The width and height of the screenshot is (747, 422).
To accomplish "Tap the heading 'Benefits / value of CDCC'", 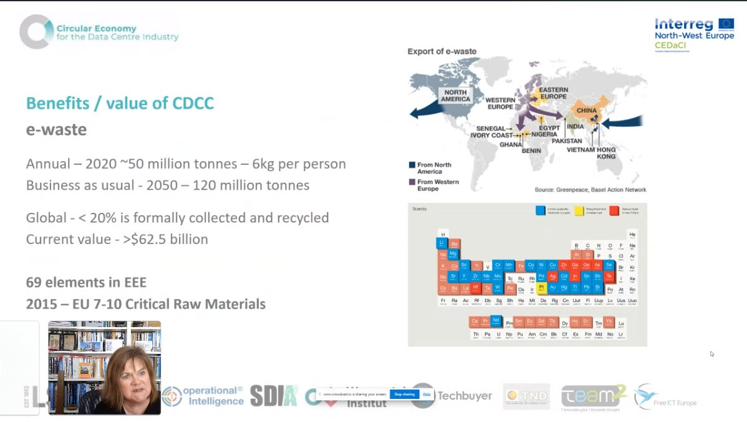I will tap(120, 103).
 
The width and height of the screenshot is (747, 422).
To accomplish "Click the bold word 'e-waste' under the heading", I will tap(56, 130).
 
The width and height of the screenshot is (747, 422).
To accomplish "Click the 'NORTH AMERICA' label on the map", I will tap(455, 96).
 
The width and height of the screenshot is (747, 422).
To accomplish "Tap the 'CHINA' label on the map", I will tap(586, 110).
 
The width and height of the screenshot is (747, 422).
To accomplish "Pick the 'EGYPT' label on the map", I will tap(549, 128).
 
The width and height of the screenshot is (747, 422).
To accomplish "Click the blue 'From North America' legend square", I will tap(412, 165).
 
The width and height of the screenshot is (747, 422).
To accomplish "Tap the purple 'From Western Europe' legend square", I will tap(412, 182).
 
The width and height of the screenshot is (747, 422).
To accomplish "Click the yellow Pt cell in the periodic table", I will tap(541, 288).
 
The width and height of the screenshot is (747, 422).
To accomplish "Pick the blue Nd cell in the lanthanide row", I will tap(496, 321).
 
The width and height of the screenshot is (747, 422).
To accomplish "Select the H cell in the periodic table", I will tap(443, 234).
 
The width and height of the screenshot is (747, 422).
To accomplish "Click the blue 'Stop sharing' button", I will tap(405, 395).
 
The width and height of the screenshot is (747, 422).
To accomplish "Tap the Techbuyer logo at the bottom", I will tap(451, 396).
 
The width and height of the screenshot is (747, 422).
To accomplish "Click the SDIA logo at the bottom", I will tap(274, 396).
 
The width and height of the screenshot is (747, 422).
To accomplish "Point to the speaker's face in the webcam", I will tap(132, 380).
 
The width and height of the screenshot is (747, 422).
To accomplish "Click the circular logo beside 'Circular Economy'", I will tap(35, 32).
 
